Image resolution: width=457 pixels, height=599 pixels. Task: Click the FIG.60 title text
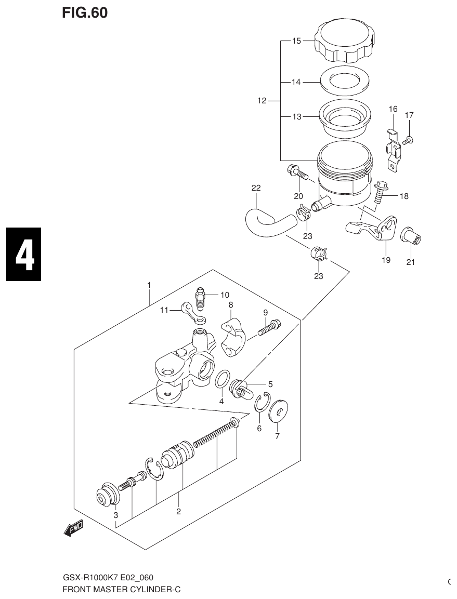coord(85,13)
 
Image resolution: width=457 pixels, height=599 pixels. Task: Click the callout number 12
coord(262,101)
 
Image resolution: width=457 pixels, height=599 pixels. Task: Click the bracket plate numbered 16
coord(394,150)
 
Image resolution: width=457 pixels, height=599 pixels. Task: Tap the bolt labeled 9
coord(269,327)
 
